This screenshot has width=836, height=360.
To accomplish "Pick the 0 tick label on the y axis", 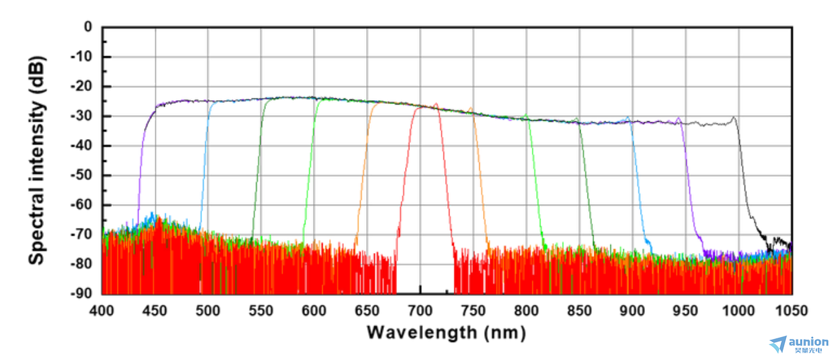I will tap(88, 27).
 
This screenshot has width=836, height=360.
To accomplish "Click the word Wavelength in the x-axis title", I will tap(422, 332).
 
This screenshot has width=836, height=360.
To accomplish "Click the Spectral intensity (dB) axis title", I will tap(37, 160).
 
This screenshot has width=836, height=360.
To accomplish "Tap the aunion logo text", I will tap(808, 342).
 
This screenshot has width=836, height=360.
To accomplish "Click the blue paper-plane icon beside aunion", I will tap(778, 344).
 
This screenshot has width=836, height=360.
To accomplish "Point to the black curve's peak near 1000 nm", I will tap(734, 117).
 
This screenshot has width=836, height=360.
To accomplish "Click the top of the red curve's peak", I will tap(436, 104).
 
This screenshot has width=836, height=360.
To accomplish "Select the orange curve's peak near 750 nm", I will tap(471, 108).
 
